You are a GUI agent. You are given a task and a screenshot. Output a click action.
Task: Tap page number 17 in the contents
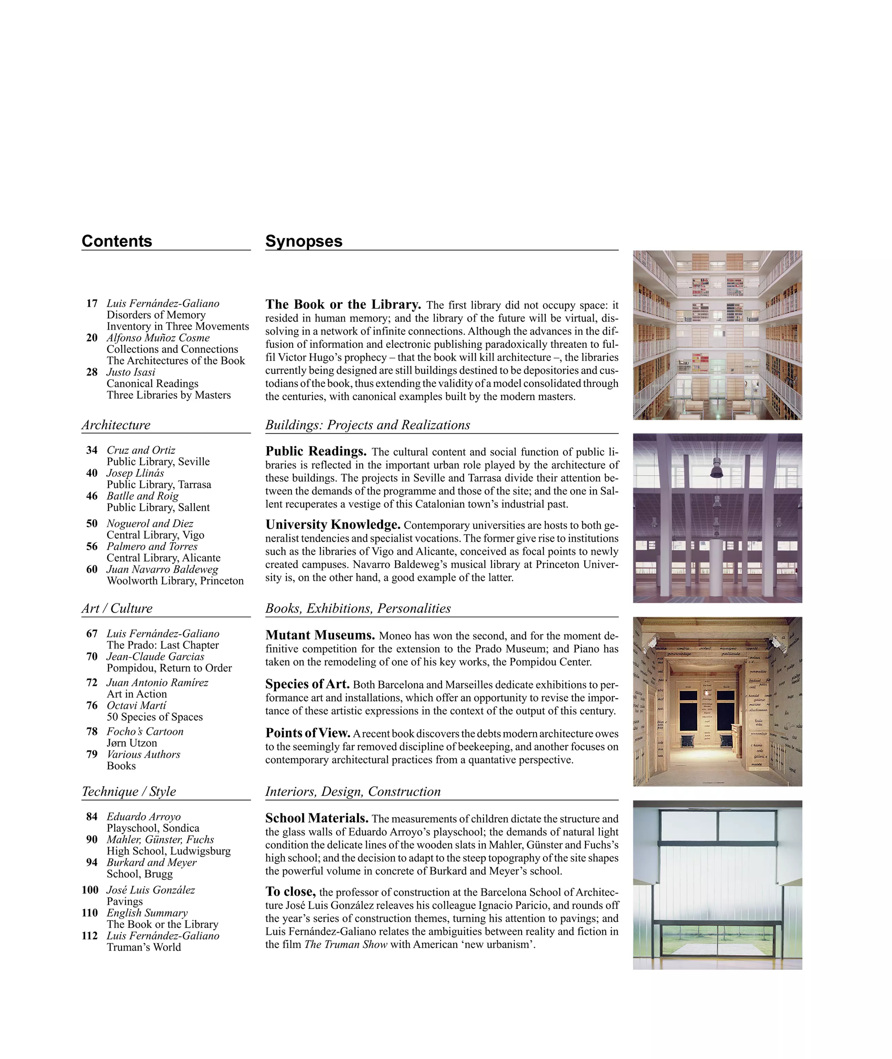(x=92, y=303)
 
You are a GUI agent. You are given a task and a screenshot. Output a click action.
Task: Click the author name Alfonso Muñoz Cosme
(x=158, y=337)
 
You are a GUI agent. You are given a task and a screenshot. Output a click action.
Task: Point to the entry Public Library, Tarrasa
(x=159, y=484)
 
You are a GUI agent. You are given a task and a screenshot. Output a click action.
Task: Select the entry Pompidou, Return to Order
(x=169, y=668)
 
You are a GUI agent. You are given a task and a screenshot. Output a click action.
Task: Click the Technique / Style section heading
(x=129, y=791)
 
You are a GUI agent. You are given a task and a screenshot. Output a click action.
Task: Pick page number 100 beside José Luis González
(x=90, y=890)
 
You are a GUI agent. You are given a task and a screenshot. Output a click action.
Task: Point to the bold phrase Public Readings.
(x=315, y=451)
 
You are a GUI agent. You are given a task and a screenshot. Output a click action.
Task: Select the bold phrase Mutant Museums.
(x=320, y=635)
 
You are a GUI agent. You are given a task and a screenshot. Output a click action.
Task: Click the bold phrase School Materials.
(x=316, y=818)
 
